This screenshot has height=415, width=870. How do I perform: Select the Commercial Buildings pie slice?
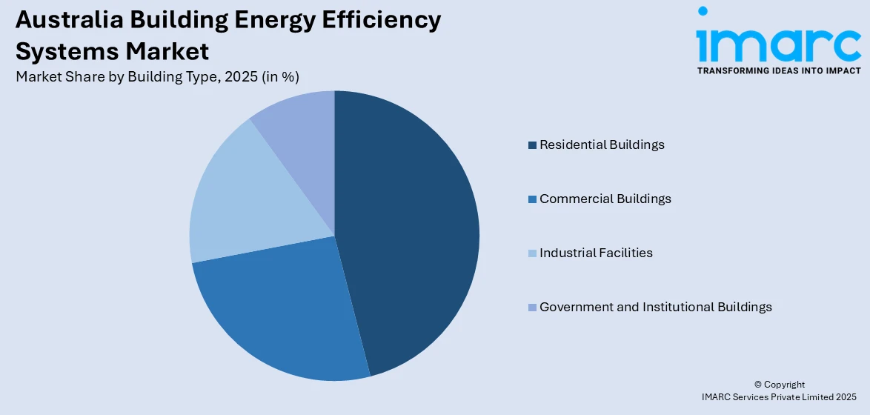point(282,311)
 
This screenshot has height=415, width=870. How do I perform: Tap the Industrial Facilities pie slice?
point(237,200)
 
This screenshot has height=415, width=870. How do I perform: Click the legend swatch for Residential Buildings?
point(532,145)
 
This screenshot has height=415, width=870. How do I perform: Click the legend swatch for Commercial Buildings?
point(532,199)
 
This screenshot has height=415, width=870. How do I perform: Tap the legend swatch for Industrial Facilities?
point(532,253)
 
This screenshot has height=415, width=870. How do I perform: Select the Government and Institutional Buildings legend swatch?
point(532,308)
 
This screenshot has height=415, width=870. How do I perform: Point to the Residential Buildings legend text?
point(602,145)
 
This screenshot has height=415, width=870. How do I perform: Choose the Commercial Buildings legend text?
point(605,199)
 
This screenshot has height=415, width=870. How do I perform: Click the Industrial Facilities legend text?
point(596,253)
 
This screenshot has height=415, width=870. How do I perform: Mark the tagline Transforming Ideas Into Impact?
point(779,70)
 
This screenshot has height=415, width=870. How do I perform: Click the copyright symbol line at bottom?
point(779,385)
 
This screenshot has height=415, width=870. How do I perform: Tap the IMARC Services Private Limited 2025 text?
point(779,398)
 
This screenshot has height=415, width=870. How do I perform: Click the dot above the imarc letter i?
point(703,11)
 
